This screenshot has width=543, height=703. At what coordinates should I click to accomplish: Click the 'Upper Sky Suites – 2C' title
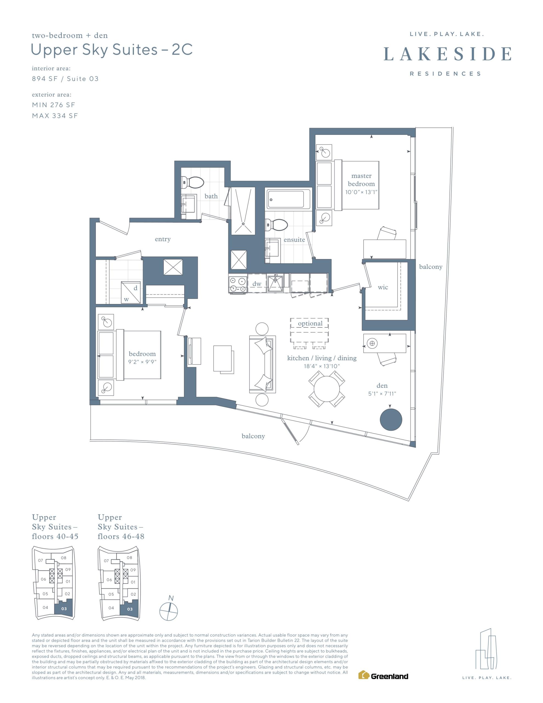(112, 50)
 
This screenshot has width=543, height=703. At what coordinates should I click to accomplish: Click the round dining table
(326, 389)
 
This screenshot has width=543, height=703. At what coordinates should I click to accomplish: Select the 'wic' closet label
(383, 287)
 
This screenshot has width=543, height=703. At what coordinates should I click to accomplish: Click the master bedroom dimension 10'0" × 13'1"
(361, 192)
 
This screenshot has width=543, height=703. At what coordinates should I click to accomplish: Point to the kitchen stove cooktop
(237, 284)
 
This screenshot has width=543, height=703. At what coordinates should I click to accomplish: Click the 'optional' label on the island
(310, 323)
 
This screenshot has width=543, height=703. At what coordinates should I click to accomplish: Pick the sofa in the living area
(262, 364)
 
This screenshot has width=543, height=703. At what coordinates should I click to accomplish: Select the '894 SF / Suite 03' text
(65, 79)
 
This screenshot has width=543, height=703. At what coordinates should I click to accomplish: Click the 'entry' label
(163, 239)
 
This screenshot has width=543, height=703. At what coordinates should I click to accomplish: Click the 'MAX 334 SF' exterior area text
(55, 116)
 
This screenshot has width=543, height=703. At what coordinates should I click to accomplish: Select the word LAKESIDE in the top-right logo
(447, 54)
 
